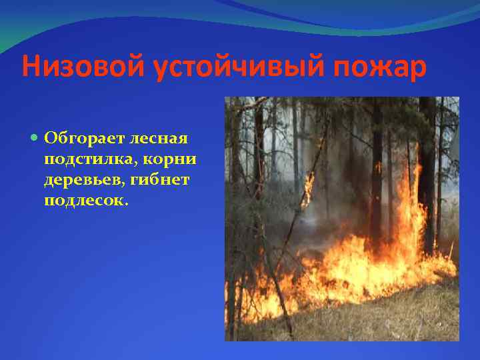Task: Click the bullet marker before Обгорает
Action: (x=35, y=139)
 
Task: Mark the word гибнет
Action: (x=167, y=180)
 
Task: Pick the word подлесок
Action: (x=81, y=201)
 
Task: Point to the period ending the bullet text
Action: (x=122, y=205)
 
